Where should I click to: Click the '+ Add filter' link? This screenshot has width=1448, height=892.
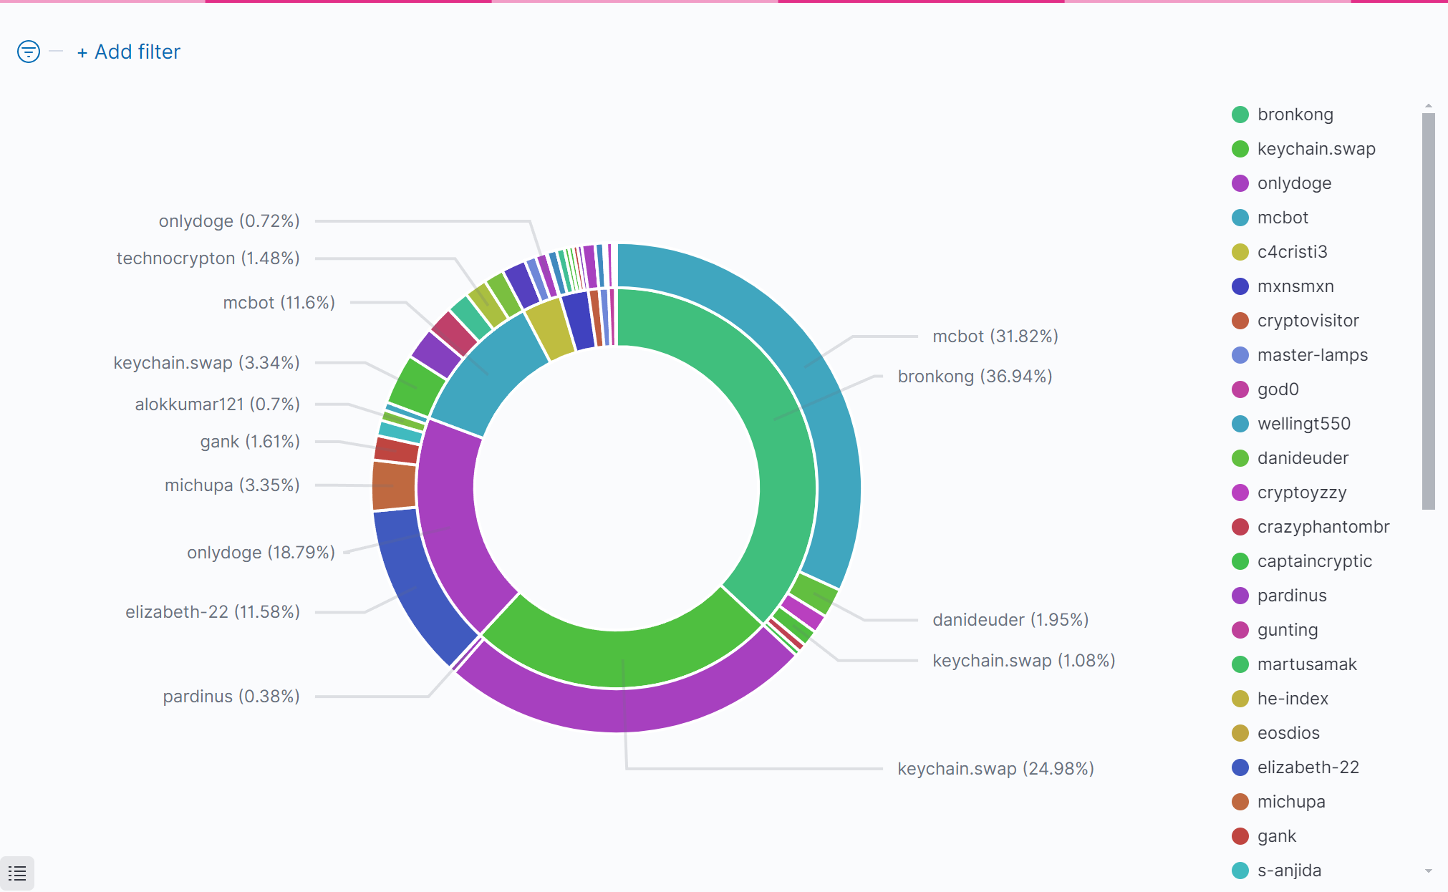click(x=129, y=52)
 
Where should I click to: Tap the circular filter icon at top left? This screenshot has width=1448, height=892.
click(x=29, y=52)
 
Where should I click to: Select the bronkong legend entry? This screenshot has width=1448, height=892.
click(x=1295, y=115)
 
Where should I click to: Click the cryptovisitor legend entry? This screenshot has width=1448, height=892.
click(x=1308, y=321)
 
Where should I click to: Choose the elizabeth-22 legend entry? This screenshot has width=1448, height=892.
click(x=1308, y=767)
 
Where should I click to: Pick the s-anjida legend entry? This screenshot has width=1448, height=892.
click(x=1289, y=871)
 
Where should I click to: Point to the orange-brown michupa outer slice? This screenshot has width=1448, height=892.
click(x=394, y=485)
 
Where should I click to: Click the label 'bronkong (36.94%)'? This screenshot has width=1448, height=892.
click(x=975, y=377)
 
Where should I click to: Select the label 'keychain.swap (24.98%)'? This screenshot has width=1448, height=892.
click(x=995, y=769)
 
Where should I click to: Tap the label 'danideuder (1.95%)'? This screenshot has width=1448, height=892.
click(x=1010, y=620)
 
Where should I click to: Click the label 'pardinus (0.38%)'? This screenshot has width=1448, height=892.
click(x=231, y=697)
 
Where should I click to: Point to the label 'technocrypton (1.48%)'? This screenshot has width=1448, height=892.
click(x=208, y=258)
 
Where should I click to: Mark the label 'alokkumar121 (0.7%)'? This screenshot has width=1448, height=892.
click(x=217, y=404)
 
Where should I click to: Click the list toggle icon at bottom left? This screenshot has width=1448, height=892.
click(x=17, y=873)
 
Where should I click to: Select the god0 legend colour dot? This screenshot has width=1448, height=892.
click(x=1240, y=389)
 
